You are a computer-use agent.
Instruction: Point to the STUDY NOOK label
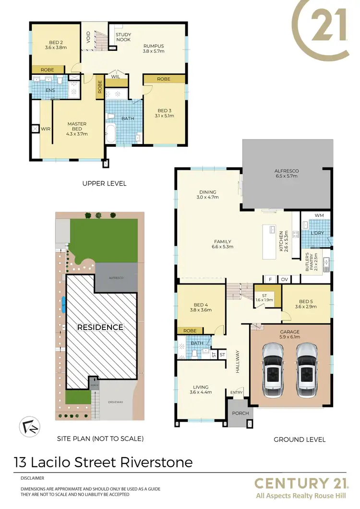(123, 37)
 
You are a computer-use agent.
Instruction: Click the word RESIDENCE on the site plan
(101, 327)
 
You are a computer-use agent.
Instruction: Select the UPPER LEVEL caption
(104, 183)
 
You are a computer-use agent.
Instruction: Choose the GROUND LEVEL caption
(300, 439)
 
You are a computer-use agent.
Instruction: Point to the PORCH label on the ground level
(238, 413)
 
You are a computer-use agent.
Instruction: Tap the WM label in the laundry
(319, 215)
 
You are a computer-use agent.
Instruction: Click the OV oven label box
(284, 279)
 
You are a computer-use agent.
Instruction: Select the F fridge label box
(270, 279)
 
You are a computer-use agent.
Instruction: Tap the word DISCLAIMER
(33, 478)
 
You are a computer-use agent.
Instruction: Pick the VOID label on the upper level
(88, 37)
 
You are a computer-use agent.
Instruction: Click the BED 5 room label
(306, 303)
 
